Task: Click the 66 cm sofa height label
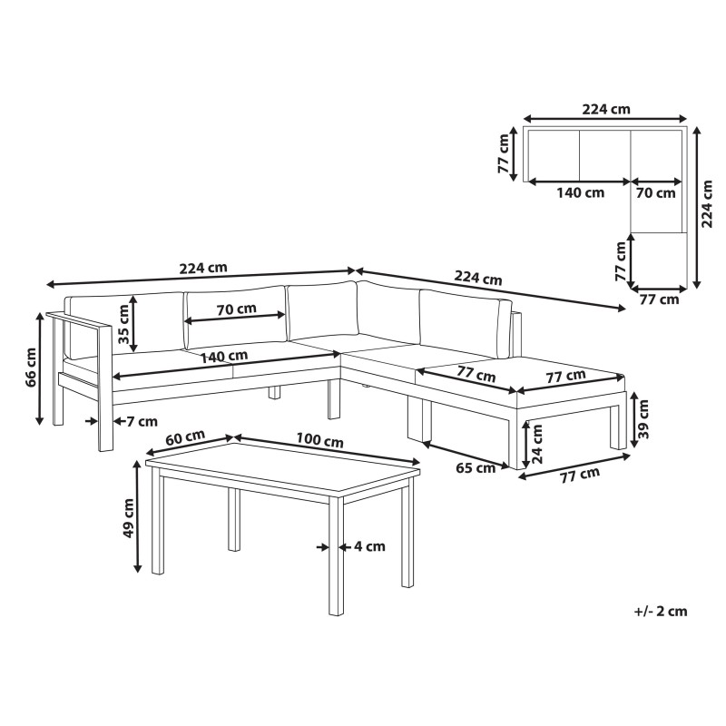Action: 32,368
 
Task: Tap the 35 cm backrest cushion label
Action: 123,324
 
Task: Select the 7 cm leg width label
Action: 142,421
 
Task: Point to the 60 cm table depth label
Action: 185,438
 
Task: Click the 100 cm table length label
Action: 319,440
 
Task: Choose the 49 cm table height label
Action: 128,518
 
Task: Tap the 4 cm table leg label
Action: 369,546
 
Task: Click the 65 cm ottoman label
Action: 476,468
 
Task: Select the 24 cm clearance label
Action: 537,444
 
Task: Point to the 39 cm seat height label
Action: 643,419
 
